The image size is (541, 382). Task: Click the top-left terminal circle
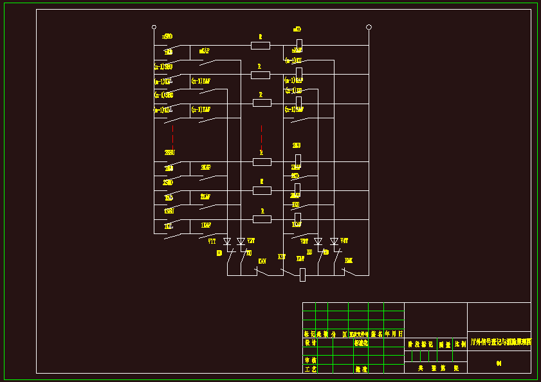154,27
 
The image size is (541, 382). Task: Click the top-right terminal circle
369,27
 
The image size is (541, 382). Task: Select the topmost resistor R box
260,45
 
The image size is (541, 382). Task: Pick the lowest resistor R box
261,219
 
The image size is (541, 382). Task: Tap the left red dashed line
172,138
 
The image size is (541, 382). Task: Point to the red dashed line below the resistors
261,138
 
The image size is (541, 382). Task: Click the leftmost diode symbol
226,242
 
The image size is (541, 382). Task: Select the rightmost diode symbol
334,242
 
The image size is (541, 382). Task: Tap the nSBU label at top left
167,37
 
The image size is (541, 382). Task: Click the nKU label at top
297,30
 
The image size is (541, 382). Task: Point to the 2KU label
297,146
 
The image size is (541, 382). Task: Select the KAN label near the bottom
262,261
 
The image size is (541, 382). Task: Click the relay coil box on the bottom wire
302,275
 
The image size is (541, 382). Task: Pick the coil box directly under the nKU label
298,44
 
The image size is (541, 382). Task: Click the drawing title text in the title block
500,343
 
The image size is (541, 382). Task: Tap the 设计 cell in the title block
310,343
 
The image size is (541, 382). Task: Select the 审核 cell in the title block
310,361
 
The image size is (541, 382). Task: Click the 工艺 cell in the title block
310,369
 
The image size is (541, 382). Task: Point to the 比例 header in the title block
460,344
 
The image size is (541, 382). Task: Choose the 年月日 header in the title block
394,334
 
